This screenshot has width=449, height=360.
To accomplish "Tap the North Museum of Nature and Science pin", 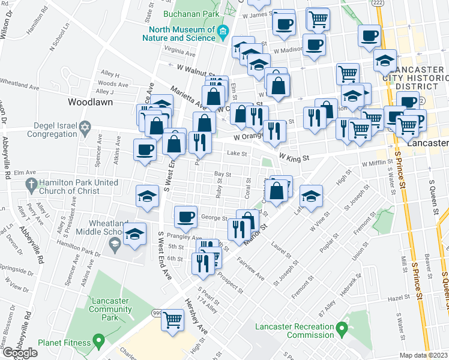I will [223, 31].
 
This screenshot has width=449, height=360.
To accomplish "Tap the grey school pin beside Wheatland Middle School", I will [114, 244].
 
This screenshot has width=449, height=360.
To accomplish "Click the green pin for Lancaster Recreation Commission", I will [342, 328].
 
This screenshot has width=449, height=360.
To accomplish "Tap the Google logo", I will [20, 353].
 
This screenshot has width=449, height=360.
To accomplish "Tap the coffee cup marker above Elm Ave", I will [145, 149].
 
